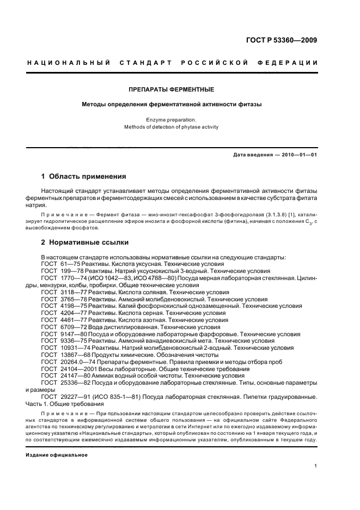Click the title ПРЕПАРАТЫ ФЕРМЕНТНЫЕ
click(171, 89)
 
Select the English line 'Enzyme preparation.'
click(171, 119)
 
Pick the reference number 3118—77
click(68, 292)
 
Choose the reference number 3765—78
click(68, 299)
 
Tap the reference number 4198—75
click(68, 306)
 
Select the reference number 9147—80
click(68, 334)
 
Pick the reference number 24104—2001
click(72, 369)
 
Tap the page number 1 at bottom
click(316, 466)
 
